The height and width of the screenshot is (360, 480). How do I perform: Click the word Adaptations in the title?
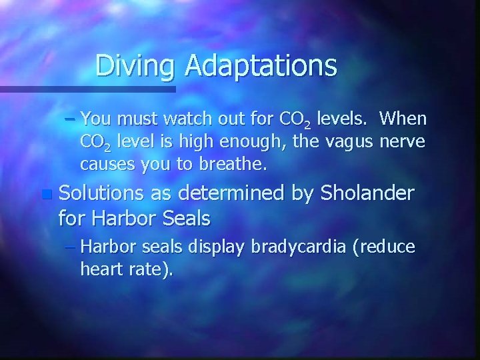point(261,65)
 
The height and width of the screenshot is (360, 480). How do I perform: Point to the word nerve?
point(403,142)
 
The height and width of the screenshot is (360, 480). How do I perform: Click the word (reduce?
point(385,247)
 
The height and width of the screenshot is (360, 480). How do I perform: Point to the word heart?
point(101,269)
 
